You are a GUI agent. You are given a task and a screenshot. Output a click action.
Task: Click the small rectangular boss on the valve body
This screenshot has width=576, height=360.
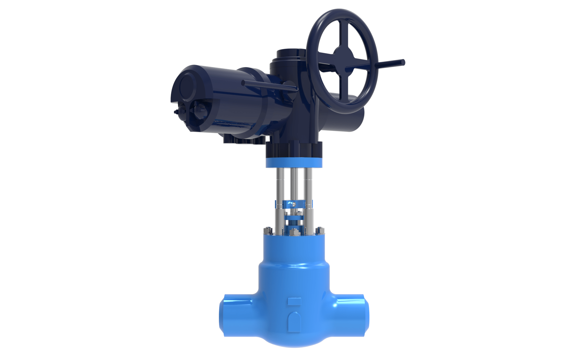point(294,301)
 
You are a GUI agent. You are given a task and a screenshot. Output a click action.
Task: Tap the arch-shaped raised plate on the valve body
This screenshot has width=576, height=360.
point(294,322)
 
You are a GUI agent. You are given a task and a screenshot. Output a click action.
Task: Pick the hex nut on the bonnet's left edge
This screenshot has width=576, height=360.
point(268,230)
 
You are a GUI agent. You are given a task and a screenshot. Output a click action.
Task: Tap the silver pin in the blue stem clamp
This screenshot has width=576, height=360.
point(294,205)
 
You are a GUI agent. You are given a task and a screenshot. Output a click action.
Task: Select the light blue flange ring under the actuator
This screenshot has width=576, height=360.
point(294,163)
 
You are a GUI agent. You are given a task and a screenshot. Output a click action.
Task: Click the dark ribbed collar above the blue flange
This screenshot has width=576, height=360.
point(294,150)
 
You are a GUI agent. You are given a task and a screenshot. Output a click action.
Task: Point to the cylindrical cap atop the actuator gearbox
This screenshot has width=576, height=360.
point(290,54)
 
